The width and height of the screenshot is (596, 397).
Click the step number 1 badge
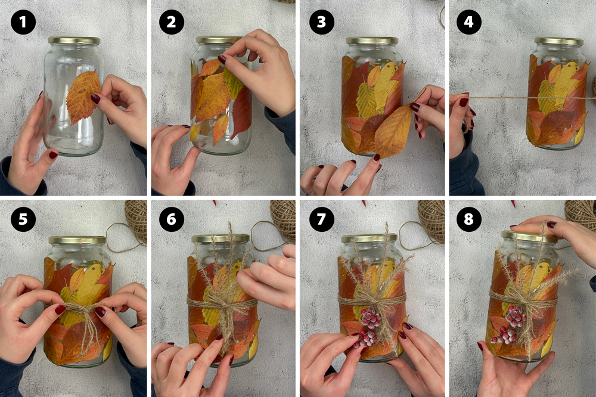pos(23,23)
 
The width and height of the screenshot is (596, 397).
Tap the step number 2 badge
pos(172,23)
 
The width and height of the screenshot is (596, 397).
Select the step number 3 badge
pos(322,23)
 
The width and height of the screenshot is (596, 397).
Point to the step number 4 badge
pos(468,22)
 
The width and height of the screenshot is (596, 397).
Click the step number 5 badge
pos(23,219)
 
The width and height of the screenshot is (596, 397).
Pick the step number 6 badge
pos(172,219)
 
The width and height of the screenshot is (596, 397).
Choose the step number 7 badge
pos(322,219)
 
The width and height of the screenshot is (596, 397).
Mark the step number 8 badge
pos(468,219)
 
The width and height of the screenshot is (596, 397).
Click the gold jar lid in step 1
pos(74,41)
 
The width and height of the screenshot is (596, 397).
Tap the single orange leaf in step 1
pos(83,97)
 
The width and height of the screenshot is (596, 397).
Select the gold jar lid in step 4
pos(558,41)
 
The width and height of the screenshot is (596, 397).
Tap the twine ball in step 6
pos(283,221)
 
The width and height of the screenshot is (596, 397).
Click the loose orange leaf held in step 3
pos(393,131)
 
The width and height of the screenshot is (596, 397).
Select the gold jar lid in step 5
pos(77,240)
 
